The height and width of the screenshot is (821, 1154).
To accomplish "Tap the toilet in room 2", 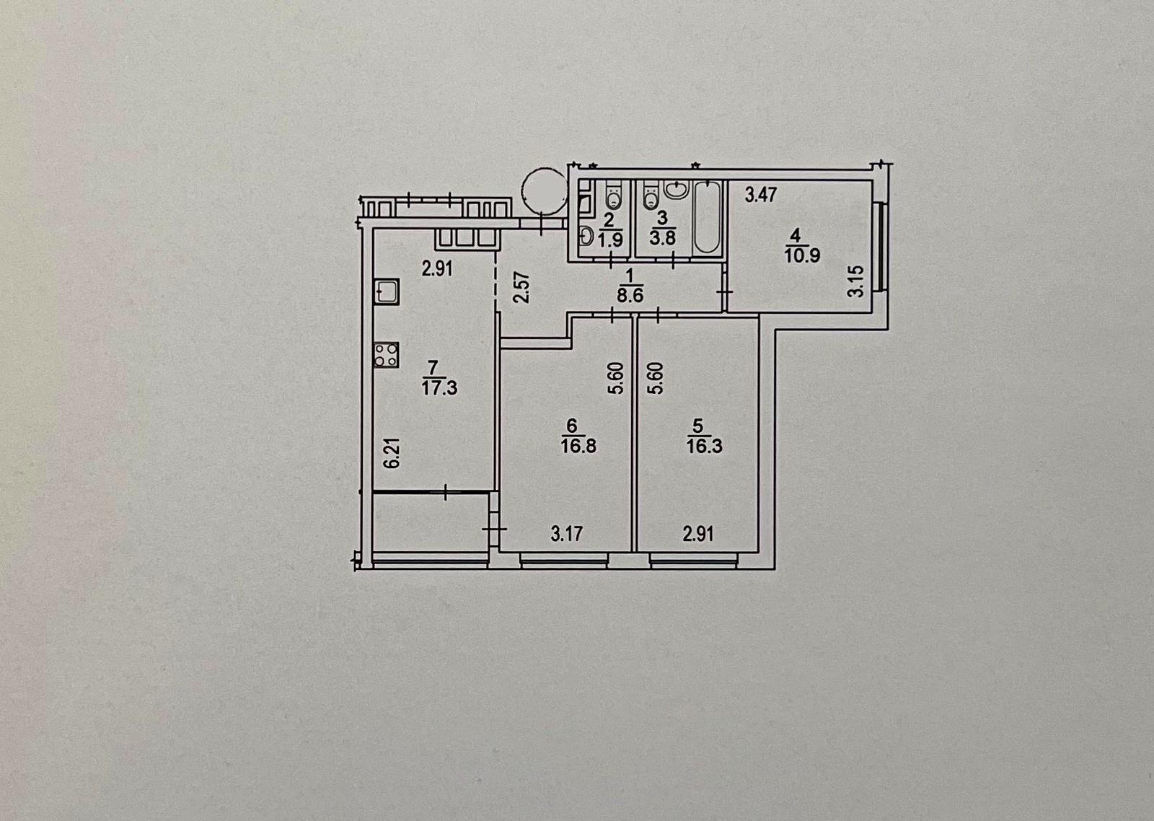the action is coord(612,195).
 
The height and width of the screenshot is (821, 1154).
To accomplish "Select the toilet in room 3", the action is coord(651,195).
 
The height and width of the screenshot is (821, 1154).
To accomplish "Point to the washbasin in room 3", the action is coord(677,189).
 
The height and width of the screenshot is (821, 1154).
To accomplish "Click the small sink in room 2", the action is coord(586,237).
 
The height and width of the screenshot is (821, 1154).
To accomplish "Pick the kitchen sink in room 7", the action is coord(387,292).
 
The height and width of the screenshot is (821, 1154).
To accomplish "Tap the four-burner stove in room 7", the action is coord(387,355).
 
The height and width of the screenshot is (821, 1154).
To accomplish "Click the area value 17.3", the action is coord(439,388).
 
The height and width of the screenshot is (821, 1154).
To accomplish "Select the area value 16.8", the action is coord(578,446).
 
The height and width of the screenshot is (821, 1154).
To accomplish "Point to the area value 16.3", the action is coord(704,446).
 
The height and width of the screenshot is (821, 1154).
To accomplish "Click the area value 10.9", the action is coord(802,255).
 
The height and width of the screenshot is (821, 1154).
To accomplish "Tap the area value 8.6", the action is coord(630,297).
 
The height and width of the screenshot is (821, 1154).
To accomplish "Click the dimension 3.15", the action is coord(855,281).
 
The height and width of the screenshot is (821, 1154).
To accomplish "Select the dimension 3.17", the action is coord(567,534).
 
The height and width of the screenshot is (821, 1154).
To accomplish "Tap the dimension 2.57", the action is coord(522,288).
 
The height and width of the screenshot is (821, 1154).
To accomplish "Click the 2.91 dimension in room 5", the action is coord(699,534).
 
